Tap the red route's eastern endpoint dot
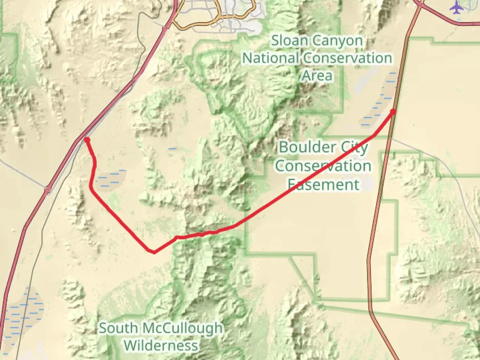[393, 112]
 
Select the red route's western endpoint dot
[87, 140]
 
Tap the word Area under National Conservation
[317, 76]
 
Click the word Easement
[323, 184]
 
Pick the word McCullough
[183, 328]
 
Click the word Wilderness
[161, 345]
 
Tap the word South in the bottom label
[119, 328]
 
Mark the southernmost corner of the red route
[154, 252]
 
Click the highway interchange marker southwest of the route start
[48, 189]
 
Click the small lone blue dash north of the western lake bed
[172, 149]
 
